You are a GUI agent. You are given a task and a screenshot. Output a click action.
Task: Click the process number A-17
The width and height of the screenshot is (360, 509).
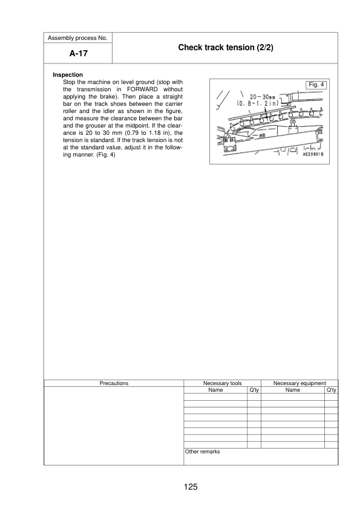(79, 53)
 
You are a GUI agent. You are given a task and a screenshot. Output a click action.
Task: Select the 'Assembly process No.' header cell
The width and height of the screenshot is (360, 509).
(79, 37)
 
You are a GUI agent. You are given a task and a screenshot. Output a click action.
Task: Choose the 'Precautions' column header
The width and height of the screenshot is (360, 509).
(114, 383)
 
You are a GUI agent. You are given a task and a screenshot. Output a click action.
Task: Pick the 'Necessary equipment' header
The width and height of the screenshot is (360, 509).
(299, 383)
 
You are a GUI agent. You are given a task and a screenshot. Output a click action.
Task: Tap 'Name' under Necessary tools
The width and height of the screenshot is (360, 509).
(215, 390)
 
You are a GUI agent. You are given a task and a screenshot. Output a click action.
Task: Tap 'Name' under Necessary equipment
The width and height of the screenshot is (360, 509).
(292, 390)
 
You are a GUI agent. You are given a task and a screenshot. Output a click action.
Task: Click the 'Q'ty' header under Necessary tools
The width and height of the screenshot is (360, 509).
(254, 390)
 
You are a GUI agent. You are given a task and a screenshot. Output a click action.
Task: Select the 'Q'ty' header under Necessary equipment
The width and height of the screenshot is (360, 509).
(330, 390)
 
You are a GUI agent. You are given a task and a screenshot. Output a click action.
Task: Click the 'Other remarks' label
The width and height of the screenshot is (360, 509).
(202, 452)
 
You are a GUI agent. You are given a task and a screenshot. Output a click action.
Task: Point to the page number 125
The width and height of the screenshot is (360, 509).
(192, 487)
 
